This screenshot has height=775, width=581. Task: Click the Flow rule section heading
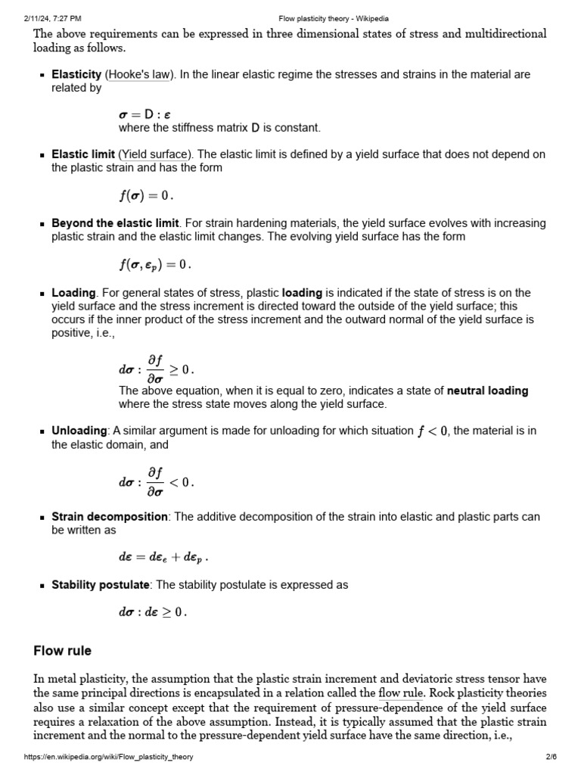click(x=63, y=651)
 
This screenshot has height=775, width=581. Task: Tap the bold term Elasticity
click(x=76, y=74)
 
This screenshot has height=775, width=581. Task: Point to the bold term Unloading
click(x=79, y=431)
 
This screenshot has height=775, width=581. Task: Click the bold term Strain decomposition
click(x=110, y=517)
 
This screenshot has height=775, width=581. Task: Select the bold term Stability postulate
click(x=101, y=585)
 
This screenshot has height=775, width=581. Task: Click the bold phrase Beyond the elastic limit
click(x=115, y=223)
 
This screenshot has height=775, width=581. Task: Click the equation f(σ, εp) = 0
click(x=155, y=264)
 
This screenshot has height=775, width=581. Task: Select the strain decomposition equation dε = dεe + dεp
click(x=163, y=557)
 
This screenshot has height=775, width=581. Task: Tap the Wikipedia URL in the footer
click(x=109, y=757)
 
